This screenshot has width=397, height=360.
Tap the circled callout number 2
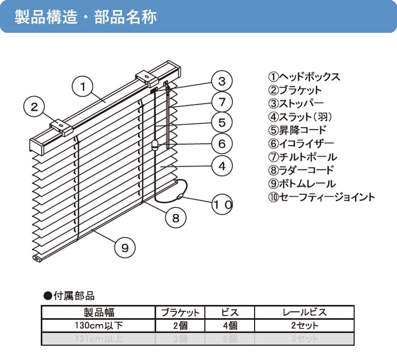click(x=34, y=107)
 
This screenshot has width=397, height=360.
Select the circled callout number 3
click(x=222, y=81)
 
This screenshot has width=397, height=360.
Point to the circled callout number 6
click(x=222, y=143)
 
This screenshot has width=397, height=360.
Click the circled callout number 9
click(x=125, y=247)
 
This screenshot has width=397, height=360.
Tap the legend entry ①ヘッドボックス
click(x=304, y=77)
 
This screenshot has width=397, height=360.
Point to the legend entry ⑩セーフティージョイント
click(x=321, y=197)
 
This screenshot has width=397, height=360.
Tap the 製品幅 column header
click(x=98, y=312)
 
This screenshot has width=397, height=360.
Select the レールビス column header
click(x=304, y=312)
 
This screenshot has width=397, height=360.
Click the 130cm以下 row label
click(x=98, y=326)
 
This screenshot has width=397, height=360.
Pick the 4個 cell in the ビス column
click(x=229, y=326)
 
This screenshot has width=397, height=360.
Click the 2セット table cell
click(x=304, y=326)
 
